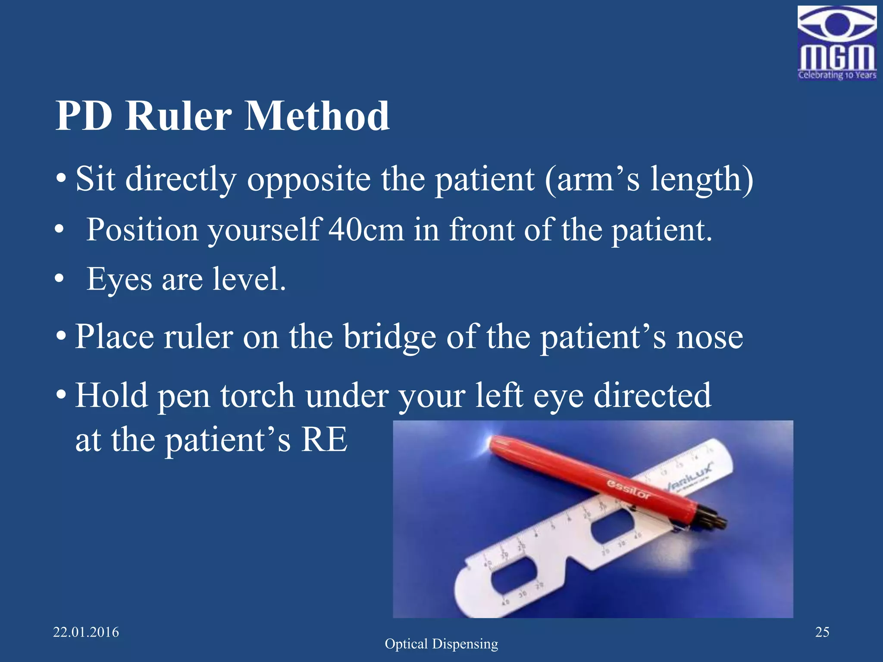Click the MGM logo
[836, 43]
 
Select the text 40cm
[366, 229]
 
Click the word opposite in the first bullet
[309, 179]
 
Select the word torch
[257, 396]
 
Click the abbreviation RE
[324, 440]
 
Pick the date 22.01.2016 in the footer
[86, 632]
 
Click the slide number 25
[822, 632]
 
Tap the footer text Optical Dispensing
[441, 644]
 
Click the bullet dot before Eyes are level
[59, 279]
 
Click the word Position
[142, 229]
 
